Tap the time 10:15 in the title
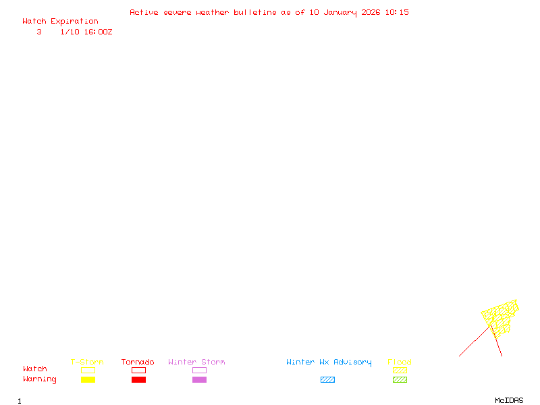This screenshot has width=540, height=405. coord(397,12)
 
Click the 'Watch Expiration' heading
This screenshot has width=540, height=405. coord(60,22)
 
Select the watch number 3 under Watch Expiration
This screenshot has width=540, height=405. coord(39,32)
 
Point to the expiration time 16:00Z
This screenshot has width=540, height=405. coord(98,32)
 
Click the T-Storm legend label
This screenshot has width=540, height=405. coord(87,362)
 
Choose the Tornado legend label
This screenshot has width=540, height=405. coord(138,362)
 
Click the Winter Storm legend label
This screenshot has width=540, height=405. coord(196,362)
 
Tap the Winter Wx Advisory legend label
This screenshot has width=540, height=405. coord(329,362)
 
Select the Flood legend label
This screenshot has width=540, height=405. coord(400,362)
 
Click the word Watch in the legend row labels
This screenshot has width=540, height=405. coord(35,369)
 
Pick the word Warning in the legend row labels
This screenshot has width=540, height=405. coord(40,379)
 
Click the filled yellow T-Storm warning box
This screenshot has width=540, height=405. coord(88,380)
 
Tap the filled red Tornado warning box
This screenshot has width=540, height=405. coord(139,380)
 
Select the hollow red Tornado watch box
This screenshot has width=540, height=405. coord(139,370)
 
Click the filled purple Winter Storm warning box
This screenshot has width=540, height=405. coord(199,380)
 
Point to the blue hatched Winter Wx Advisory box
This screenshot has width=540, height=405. coord(327,380)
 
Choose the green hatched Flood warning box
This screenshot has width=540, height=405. coord(400,380)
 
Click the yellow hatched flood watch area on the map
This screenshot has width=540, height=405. coord(500,317)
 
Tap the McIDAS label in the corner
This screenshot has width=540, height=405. coord(509,400)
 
